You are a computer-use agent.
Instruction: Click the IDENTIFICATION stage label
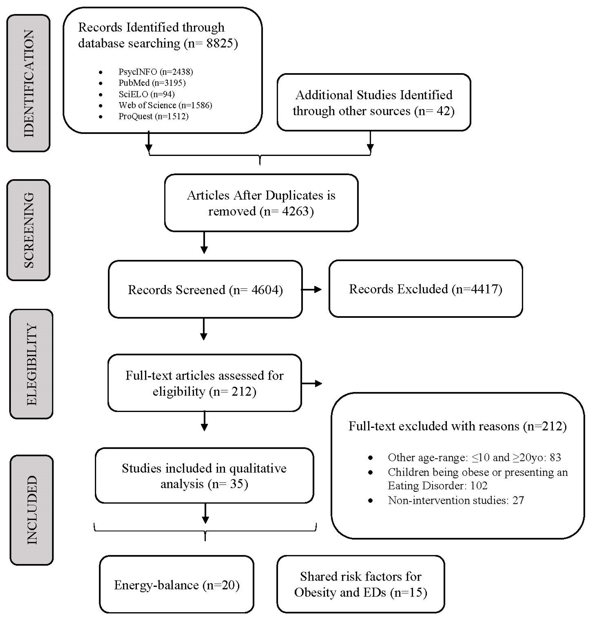tap(28, 83)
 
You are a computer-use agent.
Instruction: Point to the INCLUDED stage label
tap(32, 510)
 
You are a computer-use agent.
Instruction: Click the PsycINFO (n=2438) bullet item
tap(155, 72)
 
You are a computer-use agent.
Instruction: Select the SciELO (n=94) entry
tap(146, 94)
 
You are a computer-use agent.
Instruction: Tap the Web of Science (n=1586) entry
tap(165, 105)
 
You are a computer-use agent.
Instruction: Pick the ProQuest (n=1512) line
tap(153, 116)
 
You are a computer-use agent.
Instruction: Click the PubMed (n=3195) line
tap(152, 83)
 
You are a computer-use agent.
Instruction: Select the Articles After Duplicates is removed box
tap(261, 203)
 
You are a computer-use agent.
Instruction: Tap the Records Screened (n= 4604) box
tap(205, 290)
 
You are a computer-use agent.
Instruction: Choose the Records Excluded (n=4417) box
tap(425, 289)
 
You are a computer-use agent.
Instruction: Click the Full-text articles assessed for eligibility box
tap(204, 383)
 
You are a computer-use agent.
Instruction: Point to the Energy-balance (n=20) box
tap(177, 585)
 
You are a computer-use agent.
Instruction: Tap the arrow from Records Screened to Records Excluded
tap(312, 289)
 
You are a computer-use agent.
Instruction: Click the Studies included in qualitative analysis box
tap(204, 476)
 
